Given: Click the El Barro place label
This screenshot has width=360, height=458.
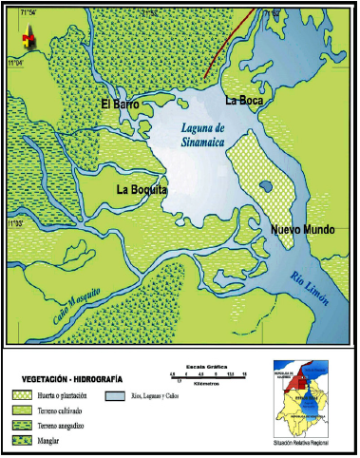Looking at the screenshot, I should [x=121, y=104].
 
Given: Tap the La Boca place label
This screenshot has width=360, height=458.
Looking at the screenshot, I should [x=242, y=99].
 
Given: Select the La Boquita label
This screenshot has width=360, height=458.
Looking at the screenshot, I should [x=142, y=190].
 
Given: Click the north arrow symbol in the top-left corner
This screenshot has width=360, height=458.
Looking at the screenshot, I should [x=28, y=36].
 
